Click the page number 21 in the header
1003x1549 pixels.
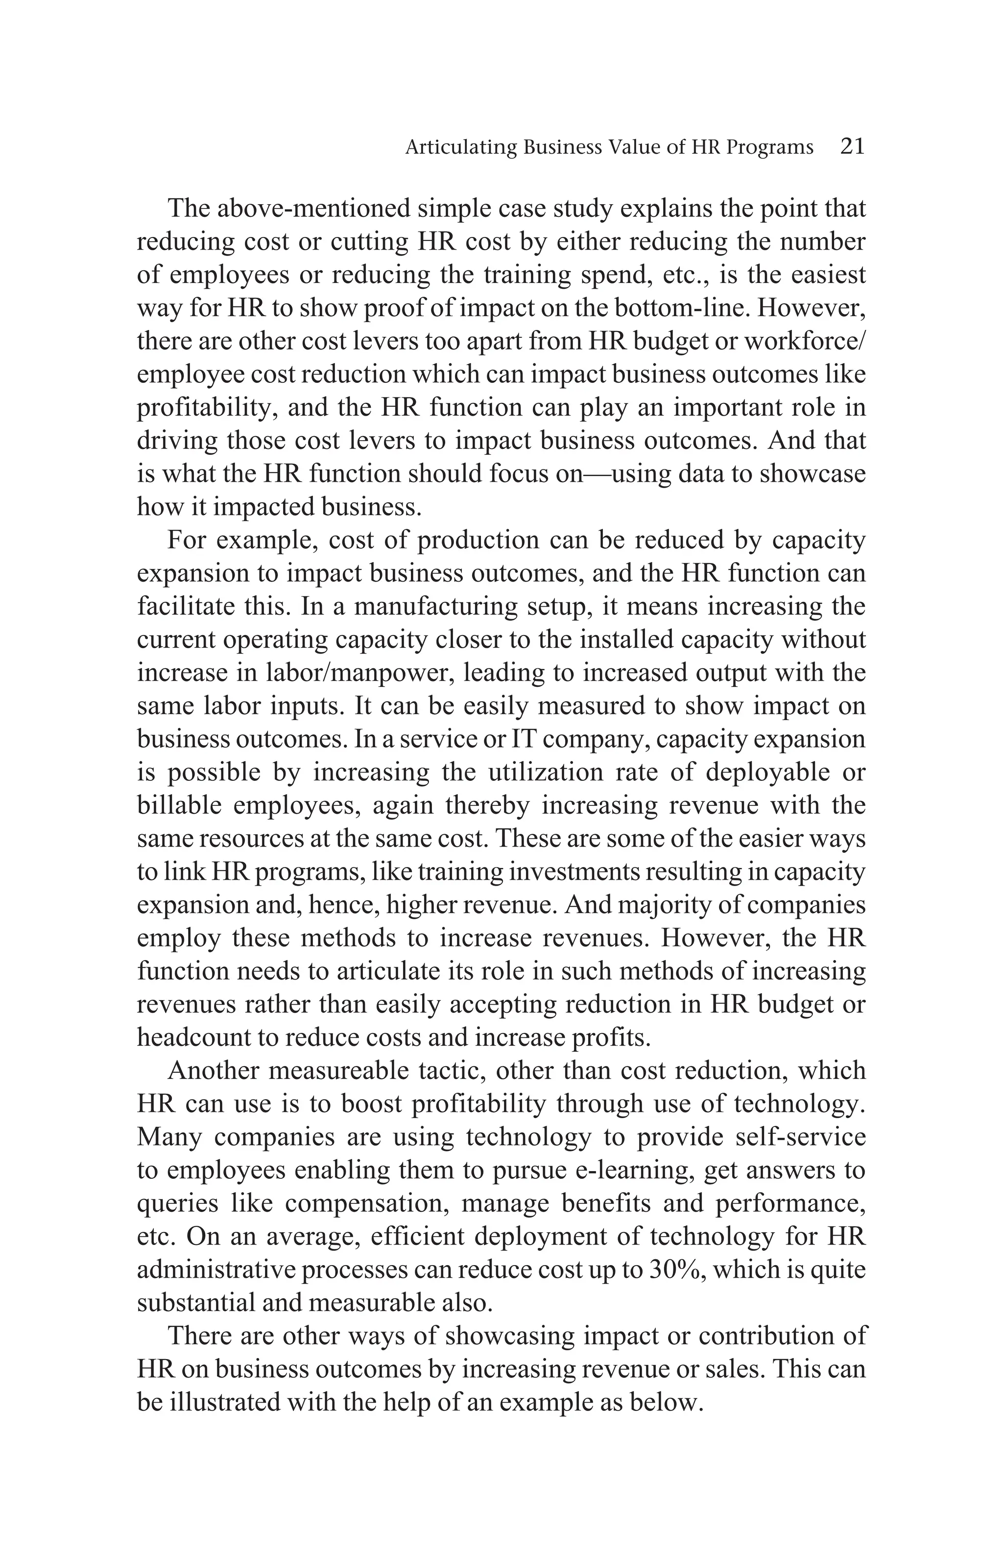pyautogui.click(x=852, y=146)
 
